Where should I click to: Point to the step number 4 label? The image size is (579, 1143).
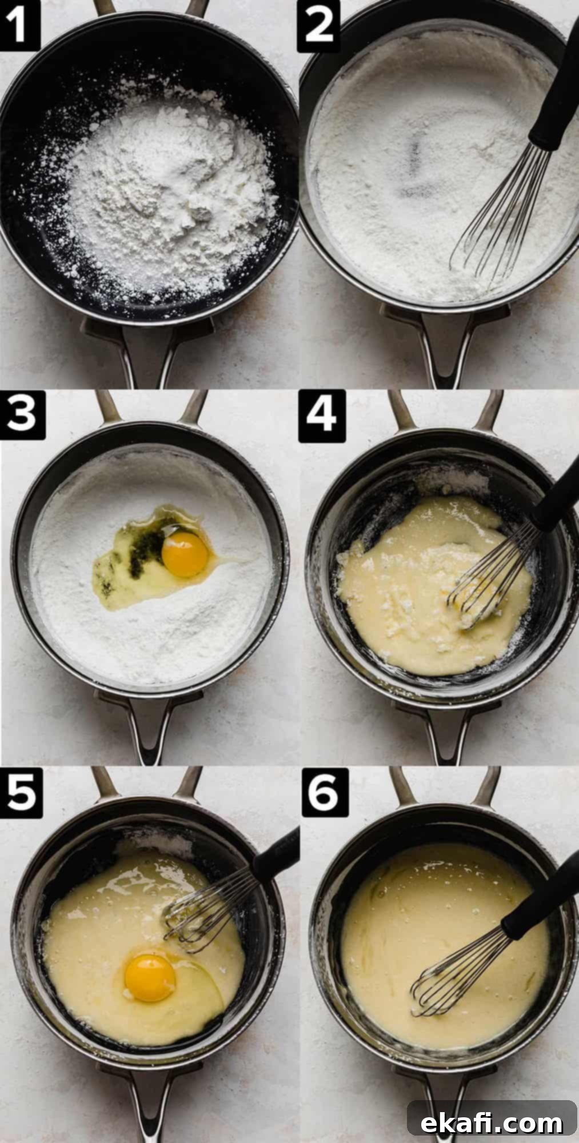tap(322, 415)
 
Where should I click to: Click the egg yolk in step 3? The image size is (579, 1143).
tap(185, 554)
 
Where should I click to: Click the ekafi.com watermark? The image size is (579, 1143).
tap(492, 1108)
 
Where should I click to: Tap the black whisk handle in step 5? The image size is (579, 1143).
tap(274, 852)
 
